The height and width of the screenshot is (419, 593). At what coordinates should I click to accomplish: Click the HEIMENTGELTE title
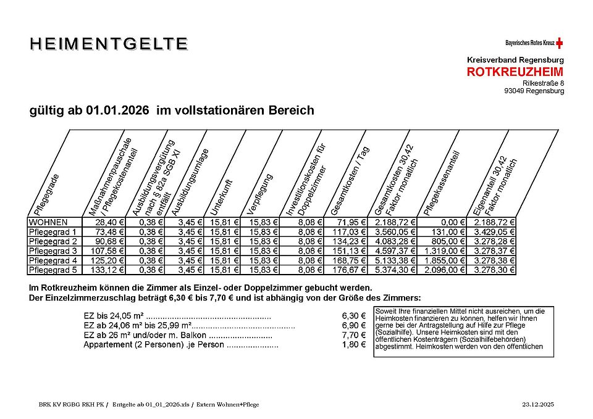click(x=109, y=44)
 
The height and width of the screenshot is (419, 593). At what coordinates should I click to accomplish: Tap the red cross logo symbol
click(x=560, y=43)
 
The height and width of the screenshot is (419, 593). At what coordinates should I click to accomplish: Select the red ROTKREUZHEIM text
click(x=515, y=72)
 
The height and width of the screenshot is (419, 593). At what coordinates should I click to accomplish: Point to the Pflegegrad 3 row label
click(x=53, y=251)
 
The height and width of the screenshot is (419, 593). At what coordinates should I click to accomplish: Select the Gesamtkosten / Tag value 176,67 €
click(x=351, y=270)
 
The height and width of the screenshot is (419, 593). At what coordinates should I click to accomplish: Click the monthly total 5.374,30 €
click(x=395, y=270)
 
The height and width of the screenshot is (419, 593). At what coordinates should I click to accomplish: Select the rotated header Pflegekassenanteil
click(x=442, y=182)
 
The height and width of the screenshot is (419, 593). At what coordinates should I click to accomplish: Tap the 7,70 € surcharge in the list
click(x=353, y=335)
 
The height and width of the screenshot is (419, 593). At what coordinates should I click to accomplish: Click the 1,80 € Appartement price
click(x=353, y=344)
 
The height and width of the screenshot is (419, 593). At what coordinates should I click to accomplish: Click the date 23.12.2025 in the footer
click(x=538, y=404)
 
